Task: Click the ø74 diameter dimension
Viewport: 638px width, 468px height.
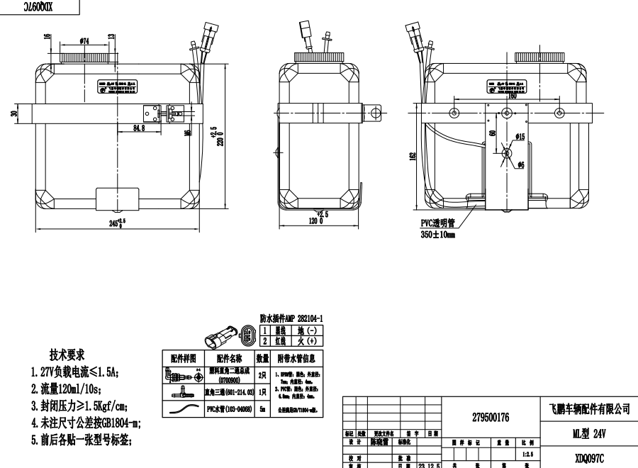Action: pos(84,41)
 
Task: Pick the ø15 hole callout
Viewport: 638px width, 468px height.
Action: pos(519,136)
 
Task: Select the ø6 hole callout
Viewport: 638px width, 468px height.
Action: pos(520,165)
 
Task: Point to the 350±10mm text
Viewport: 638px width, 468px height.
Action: pos(437,234)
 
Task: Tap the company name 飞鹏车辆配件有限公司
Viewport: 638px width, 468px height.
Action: pos(590,409)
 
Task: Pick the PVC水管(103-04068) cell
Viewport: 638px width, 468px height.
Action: pos(230,409)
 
